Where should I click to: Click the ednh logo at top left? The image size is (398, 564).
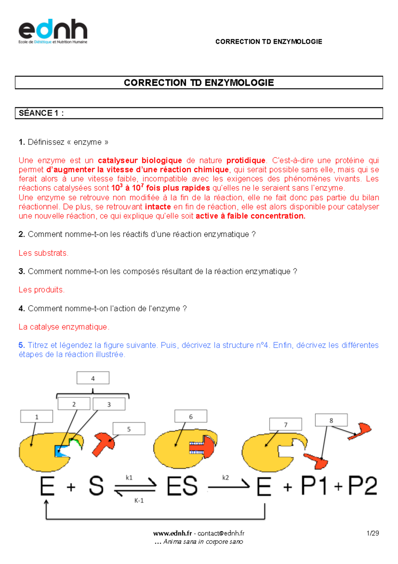point(53,32)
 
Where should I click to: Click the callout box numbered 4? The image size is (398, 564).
point(93,378)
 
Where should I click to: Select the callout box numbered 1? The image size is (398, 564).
point(36,417)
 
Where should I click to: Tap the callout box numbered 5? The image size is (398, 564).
point(129,429)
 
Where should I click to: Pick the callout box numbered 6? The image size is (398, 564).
point(191,416)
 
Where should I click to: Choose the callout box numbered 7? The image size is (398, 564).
point(286,424)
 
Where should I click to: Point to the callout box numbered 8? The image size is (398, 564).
point(331,420)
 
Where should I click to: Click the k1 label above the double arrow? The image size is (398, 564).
point(129,478)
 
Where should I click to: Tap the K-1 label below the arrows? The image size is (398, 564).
point(139,501)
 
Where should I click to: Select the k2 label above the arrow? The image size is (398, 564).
point(226,478)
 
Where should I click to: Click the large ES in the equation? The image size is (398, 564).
point(182,487)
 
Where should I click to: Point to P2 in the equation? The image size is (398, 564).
point(363,486)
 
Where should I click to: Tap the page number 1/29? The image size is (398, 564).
point(372,533)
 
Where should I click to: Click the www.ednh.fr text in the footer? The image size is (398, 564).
point(172,533)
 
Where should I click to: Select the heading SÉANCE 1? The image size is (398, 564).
point(41,113)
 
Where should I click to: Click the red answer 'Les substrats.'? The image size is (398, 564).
point(43,253)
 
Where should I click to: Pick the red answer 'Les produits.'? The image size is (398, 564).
point(41,290)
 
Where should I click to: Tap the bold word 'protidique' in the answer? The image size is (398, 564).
point(246,160)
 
